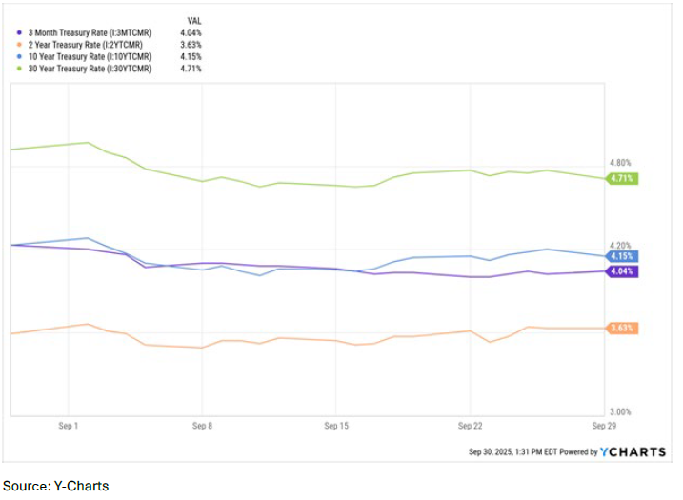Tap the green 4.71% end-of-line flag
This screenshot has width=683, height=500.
[622, 178]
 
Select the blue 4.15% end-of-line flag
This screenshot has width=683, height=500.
[622, 256]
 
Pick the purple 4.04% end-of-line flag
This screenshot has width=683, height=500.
[622, 271]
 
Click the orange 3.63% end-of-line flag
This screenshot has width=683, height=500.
[622, 328]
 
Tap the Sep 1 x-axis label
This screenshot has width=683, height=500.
[70, 428]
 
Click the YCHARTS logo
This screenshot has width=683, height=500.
[633, 451]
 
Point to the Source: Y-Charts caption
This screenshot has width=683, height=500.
[55, 486]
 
